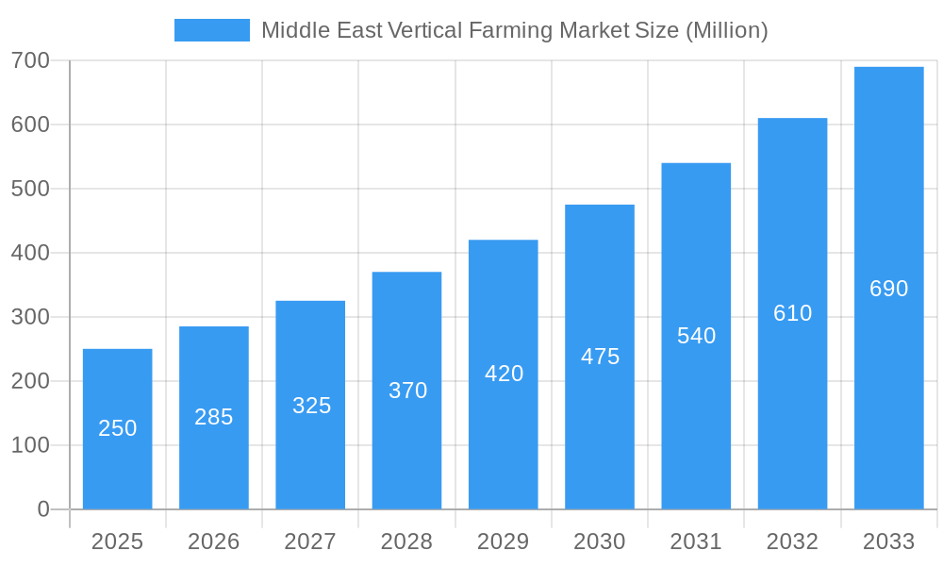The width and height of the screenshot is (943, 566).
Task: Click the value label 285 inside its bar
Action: [214, 417]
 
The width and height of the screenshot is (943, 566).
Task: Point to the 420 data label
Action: [504, 374]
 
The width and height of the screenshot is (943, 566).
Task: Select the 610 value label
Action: [792, 313]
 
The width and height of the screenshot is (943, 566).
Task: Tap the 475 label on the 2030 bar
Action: [600, 357]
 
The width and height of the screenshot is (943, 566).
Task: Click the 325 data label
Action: [311, 406]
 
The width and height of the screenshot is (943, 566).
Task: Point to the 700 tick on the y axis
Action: [30, 60]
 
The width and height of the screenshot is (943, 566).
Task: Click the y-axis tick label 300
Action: [30, 317]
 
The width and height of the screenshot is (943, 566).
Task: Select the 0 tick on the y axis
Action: [43, 509]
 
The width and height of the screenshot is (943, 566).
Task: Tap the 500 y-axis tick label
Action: [30, 189]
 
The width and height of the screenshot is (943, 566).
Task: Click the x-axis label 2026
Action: [214, 541]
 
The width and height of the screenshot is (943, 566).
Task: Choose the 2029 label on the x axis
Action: [504, 541]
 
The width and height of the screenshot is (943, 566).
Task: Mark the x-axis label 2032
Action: [792, 541]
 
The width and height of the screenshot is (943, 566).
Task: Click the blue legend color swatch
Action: [212, 30]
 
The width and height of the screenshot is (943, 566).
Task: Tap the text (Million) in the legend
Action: [727, 30]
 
